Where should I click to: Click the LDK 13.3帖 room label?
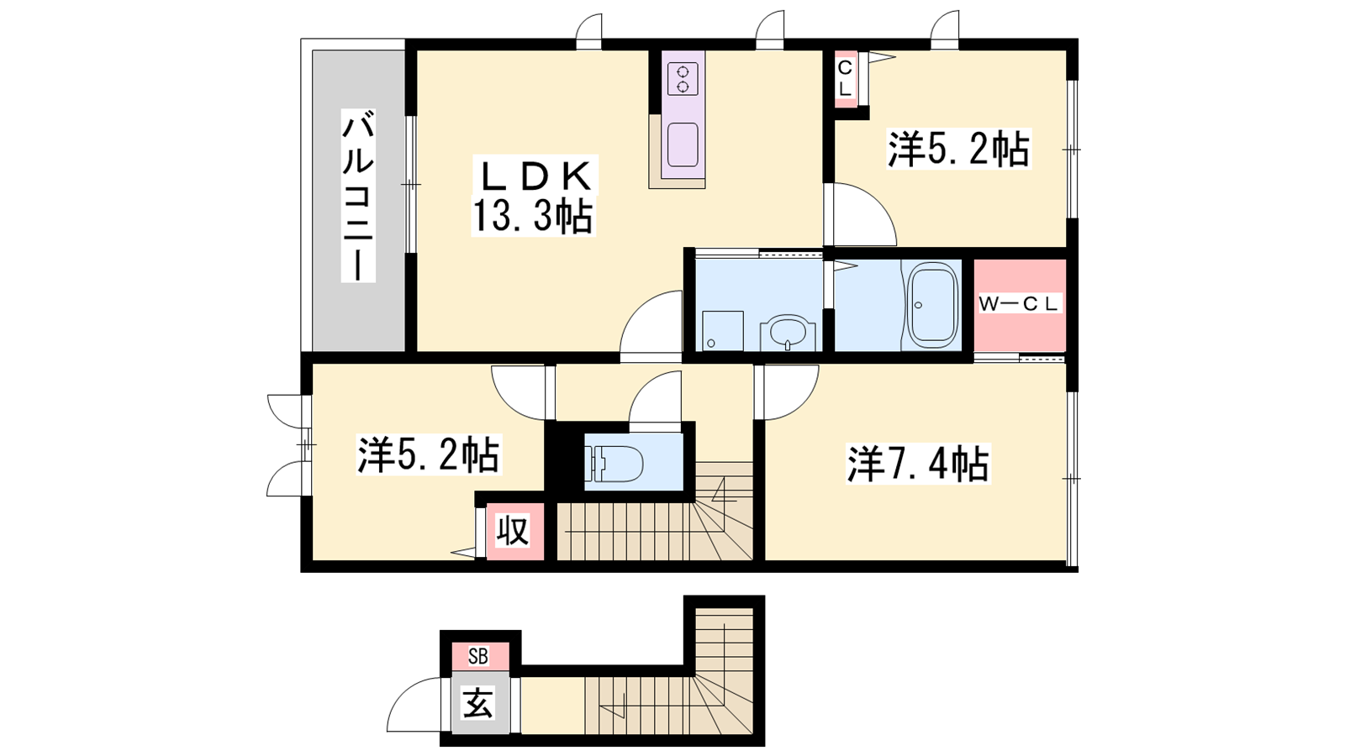pos(533,196)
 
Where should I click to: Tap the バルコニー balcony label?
pos(358,196)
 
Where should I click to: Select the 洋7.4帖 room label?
pos(918,463)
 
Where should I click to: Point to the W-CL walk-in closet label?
pos(1018,303)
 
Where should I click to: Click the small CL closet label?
pos(845,79)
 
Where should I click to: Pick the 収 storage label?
pos(514,532)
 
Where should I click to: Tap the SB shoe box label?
pos(478,657)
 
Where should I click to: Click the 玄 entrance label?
pos(478,703)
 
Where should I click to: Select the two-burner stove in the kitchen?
pos(683,79)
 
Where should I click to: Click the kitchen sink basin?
pos(683,144)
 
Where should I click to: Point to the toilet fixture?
pos(614,463)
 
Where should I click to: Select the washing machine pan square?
pos(723,331)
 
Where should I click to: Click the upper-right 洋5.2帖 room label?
pos(959,148)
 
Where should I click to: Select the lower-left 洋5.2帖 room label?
pos(428,454)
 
